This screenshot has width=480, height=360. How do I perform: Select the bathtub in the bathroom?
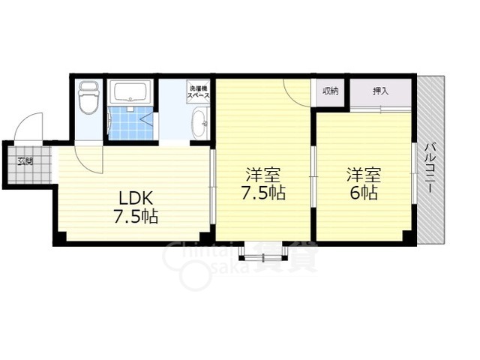[x=130, y=91]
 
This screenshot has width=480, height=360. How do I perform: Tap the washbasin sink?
[x=200, y=123]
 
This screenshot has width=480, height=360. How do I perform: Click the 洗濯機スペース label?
[x=198, y=91]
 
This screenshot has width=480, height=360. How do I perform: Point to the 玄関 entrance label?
[x=25, y=161]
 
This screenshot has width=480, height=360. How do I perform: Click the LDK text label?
[x=136, y=199]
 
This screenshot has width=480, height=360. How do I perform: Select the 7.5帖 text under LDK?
[x=136, y=217]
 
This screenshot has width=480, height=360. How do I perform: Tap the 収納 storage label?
[x=330, y=91]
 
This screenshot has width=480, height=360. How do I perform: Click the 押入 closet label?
[x=380, y=91]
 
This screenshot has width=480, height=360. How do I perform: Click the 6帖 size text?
[x=364, y=193]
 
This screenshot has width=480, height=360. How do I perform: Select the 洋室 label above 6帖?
[x=364, y=175]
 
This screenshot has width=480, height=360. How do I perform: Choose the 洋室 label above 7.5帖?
[x=263, y=175]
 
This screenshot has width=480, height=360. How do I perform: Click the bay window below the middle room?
[x=263, y=252]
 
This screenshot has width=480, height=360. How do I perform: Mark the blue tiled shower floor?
[x=130, y=123]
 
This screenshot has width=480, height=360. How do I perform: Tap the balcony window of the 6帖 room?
[x=414, y=173]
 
